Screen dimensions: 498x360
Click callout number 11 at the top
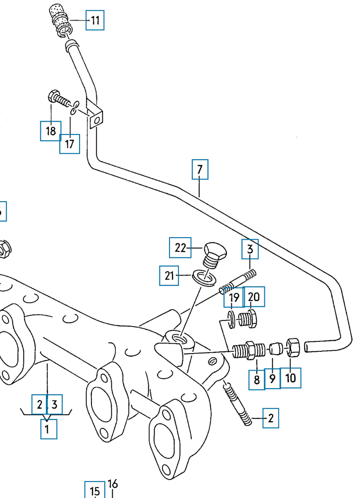95,20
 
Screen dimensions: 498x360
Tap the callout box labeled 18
51,131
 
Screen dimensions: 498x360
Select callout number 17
70,144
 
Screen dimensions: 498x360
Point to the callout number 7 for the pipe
200,169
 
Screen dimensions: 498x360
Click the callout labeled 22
180,247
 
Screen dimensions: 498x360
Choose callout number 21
170,275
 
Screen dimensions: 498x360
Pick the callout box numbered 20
254,297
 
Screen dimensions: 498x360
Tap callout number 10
290,378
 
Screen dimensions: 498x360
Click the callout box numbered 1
47,429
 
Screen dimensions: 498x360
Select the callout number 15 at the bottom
95,491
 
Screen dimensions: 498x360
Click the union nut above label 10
292,348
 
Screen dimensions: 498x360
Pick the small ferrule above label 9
276,350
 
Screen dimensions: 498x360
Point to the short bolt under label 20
248,318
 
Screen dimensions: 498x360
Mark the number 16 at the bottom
113,484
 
